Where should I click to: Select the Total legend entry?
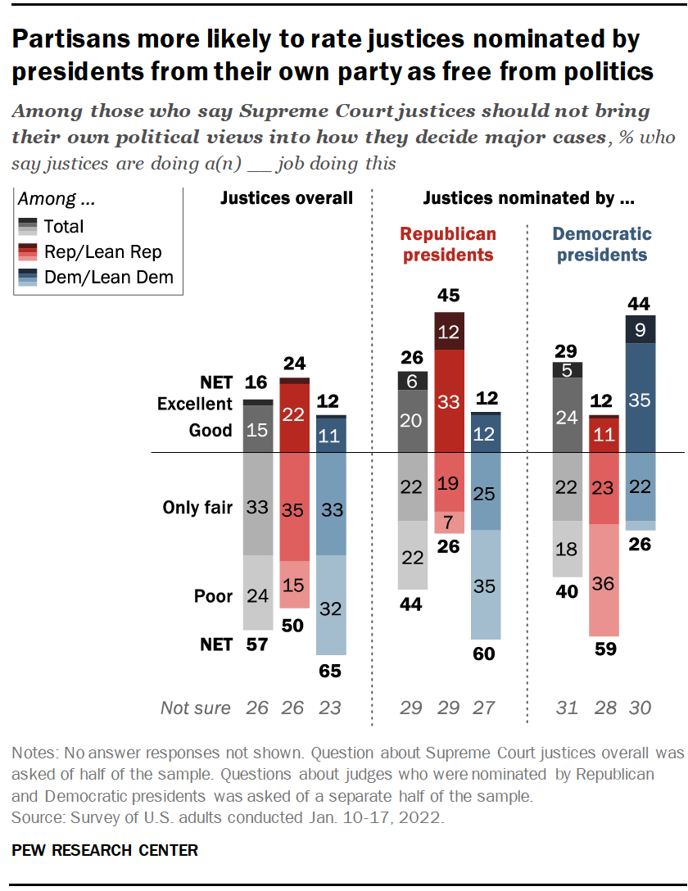(64, 226)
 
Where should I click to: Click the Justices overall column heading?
(287, 198)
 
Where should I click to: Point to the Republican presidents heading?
(448, 244)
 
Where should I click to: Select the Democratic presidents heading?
(602, 244)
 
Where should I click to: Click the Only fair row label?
(197, 508)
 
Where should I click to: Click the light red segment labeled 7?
(449, 522)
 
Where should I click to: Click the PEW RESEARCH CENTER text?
(105, 851)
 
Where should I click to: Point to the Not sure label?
(196, 708)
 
